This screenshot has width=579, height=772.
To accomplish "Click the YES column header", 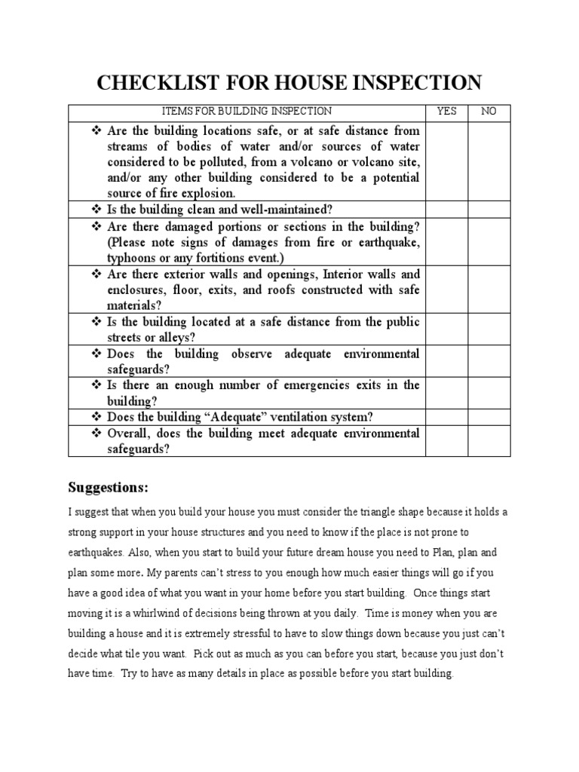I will (x=446, y=112).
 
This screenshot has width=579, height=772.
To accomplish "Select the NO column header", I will (x=489, y=112).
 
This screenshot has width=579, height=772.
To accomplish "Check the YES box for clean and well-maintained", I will (x=446, y=210).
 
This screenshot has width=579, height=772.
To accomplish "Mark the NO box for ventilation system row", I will (x=489, y=417).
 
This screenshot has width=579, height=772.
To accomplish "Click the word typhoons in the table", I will (x=130, y=258).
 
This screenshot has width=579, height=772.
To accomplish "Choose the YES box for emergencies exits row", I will (x=446, y=393).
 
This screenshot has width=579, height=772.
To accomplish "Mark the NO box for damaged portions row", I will (x=489, y=241).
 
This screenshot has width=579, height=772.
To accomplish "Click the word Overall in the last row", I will (x=130, y=433).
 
